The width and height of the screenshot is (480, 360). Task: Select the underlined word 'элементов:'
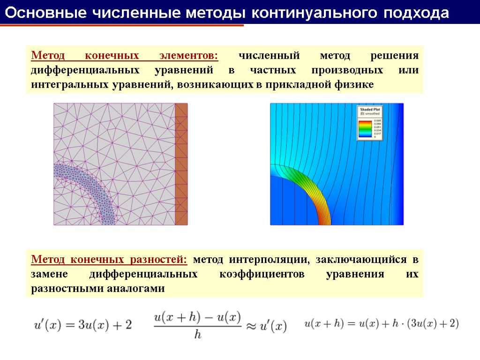coord(188,56)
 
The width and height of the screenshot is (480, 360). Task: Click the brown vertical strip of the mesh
coord(181,164)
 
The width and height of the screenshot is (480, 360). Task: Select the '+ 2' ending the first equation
coord(123,325)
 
